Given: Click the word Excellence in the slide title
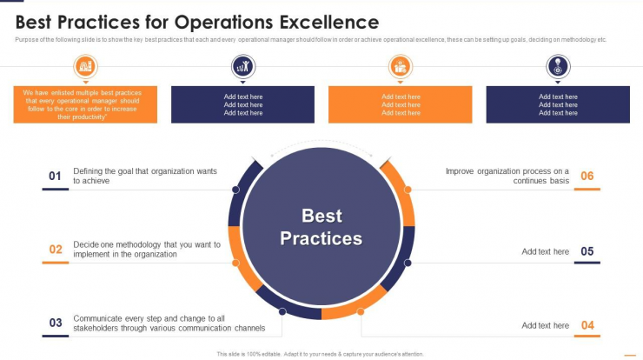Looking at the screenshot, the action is click(329, 22).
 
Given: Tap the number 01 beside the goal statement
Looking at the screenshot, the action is click(55, 177).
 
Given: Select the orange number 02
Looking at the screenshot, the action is click(56, 250).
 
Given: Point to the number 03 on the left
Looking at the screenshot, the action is click(56, 323).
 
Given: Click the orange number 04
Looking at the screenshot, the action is click(587, 325).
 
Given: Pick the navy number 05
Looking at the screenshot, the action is click(587, 251).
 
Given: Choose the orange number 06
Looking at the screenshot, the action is click(587, 177).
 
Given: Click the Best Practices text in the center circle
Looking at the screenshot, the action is click(321, 227).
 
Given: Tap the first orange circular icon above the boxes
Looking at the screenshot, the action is click(85, 66).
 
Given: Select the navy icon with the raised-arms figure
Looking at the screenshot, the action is click(242, 66).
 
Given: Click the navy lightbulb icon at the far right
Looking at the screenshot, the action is click(558, 66).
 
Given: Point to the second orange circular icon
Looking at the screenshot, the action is click(401, 66).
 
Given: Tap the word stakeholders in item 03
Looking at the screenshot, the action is click(95, 328).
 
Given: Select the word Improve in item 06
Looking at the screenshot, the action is click(460, 171).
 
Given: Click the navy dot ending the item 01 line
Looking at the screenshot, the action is click(235, 190).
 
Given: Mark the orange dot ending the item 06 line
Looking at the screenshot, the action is click(408, 190).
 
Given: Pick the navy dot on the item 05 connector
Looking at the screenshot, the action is click(408, 263).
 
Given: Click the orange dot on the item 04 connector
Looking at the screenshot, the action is click(361, 311).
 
